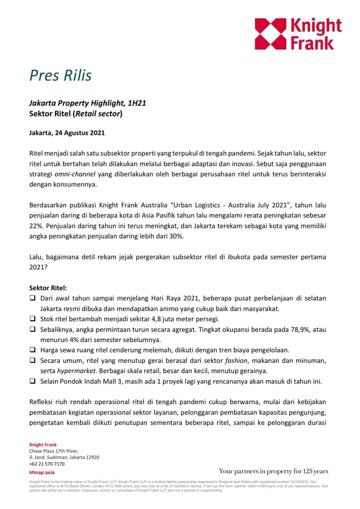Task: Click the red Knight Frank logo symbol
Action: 271,34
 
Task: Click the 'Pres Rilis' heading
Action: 60,75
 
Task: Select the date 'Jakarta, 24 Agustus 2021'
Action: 67,133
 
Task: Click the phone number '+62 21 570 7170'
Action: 47,464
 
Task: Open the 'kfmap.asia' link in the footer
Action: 41,473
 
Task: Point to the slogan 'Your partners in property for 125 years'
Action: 273,471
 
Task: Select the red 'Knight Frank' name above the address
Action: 43,445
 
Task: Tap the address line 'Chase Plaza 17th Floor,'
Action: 54,451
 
